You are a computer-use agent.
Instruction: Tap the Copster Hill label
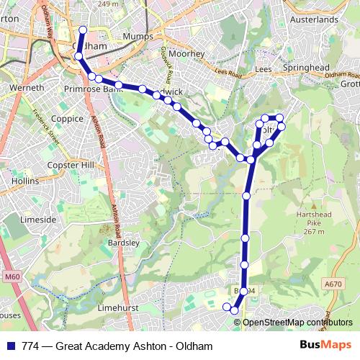tap(71, 165)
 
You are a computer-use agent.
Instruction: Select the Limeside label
tap(38, 219)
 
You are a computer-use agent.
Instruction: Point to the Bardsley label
tap(122, 243)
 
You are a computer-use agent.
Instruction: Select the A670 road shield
tap(333, 284)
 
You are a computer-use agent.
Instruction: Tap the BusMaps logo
tap(326, 344)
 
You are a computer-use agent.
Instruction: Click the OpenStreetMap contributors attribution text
tap(297, 322)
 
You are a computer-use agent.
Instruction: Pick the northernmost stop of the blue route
tap(82, 30)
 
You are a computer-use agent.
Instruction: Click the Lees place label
tap(264, 69)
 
